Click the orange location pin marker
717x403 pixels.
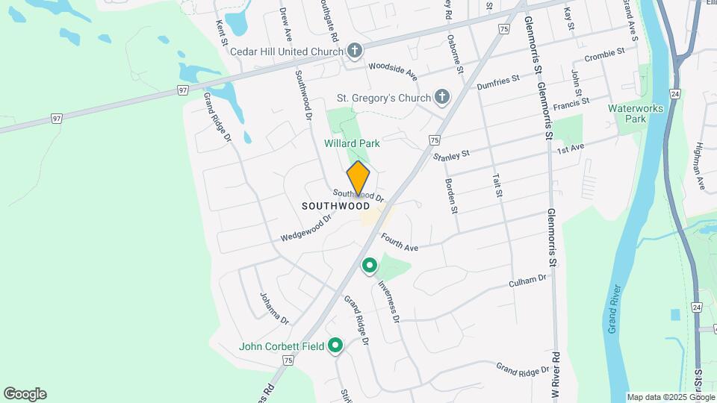[x=358, y=178]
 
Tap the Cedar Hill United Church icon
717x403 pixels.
[x=355, y=51]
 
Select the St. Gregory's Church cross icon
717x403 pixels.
[x=442, y=98]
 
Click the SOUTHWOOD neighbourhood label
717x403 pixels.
[x=335, y=205]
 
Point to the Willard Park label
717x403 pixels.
[x=352, y=143]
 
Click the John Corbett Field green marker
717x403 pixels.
[x=335, y=346]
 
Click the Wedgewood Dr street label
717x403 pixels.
[x=305, y=228]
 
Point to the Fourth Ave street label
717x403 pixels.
[x=400, y=243]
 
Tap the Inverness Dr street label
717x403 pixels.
[x=388, y=301]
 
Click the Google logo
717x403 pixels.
[x=25, y=394]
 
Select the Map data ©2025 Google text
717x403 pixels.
[x=671, y=397]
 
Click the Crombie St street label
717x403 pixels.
[x=604, y=55]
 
